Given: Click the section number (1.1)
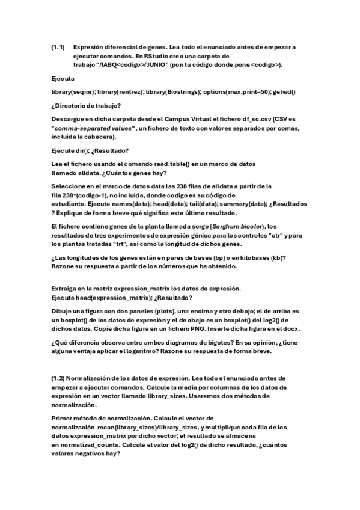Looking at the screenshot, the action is pyautogui.click(x=58, y=46).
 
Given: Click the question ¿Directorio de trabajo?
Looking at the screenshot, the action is pyautogui.click(x=86, y=105).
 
